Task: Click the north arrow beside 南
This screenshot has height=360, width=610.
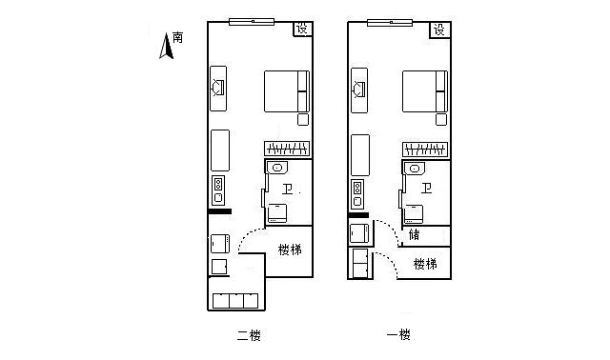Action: [167, 47]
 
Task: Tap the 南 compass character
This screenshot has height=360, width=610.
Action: [178, 37]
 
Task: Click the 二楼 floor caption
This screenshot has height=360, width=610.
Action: [249, 335]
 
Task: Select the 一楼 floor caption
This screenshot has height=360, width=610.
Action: [398, 334]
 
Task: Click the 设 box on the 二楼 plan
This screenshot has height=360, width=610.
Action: [303, 29]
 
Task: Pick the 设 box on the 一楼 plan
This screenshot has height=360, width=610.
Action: [440, 30]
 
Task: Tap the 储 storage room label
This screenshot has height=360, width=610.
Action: [414, 234]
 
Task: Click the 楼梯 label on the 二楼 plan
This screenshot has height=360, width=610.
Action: [290, 250]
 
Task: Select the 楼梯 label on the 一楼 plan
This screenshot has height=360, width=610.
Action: [425, 264]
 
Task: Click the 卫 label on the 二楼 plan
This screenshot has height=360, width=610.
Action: [288, 190]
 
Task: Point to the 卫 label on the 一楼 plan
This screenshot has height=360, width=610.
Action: [426, 189]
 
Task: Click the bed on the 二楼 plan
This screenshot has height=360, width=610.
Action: [287, 91]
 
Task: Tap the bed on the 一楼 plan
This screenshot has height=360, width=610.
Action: [425, 91]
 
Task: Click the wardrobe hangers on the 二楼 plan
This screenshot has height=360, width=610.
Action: [287, 149]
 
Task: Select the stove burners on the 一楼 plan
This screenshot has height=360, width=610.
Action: [357, 193]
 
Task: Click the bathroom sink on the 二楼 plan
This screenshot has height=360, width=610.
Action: [277, 168]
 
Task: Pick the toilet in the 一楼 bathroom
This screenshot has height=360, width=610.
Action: [413, 214]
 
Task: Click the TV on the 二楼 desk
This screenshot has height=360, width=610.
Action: [217, 88]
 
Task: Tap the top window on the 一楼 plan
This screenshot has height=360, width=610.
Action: [390, 23]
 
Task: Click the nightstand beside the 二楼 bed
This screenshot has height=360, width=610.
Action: [303, 119]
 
